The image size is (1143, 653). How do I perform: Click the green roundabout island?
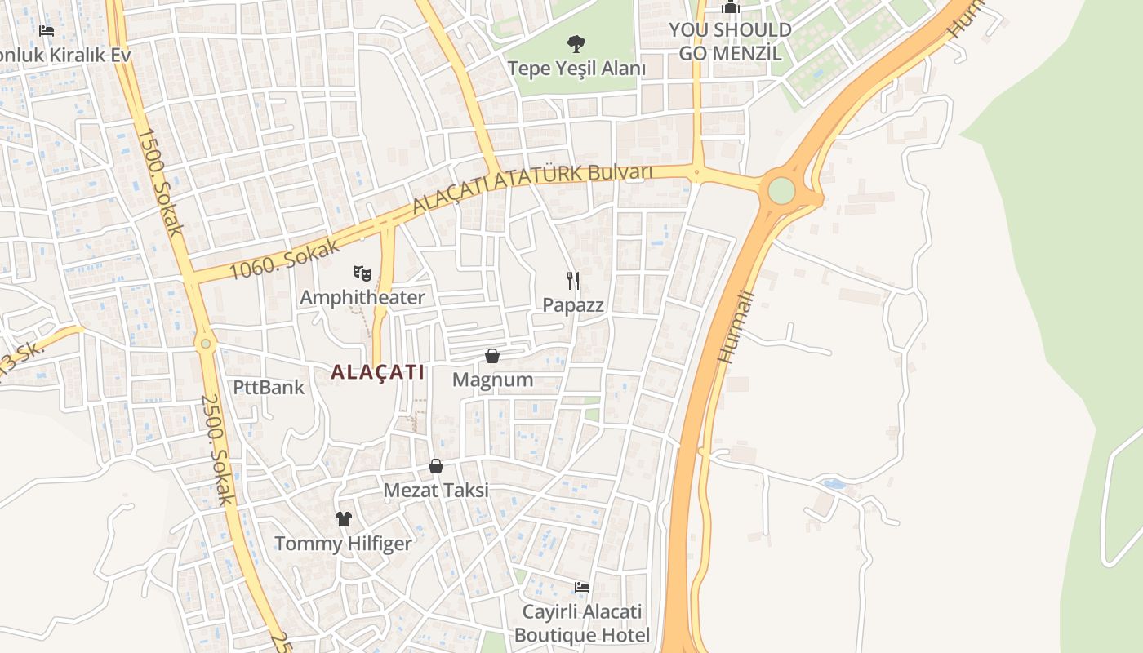(781, 191)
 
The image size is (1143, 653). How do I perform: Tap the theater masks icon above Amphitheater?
(362, 273)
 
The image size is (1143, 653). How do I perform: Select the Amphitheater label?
(362, 297)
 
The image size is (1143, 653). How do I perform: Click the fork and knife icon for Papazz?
(573, 281)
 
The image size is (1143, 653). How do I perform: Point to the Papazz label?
(573, 305)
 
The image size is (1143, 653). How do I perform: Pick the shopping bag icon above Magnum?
(492, 356)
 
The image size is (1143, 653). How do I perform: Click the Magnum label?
(492, 380)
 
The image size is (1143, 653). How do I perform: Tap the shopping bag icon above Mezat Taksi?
(436, 466)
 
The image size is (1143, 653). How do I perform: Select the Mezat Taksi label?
(436, 490)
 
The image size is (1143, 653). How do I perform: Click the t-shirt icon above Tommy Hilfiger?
(343, 519)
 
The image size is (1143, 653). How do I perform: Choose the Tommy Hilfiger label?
(343, 544)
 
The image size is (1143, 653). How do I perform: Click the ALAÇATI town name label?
(377, 373)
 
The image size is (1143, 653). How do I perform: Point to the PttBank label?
(269, 387)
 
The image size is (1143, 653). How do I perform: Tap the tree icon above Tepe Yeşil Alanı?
(576, 43)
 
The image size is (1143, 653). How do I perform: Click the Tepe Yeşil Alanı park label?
(576, 69)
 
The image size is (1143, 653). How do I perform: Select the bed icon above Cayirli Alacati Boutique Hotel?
(581, 588)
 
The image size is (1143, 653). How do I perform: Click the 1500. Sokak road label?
(158, 181)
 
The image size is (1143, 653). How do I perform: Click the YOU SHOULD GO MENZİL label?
(730, 42)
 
